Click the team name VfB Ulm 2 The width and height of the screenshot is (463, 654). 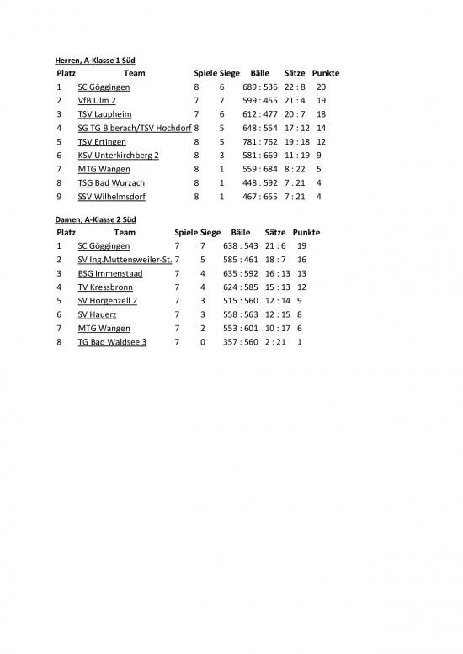tap(97, 100)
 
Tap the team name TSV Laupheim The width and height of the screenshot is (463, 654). tap(105, 114)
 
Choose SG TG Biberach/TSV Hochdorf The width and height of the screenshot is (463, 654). tap(134, 128)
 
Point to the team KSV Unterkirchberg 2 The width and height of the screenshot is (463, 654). tap(118, 156)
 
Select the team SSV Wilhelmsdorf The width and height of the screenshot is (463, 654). tap(112, 197)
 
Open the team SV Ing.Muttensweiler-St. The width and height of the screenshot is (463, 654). tap(125, 260)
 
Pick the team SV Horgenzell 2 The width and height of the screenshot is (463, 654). tap(107, 301)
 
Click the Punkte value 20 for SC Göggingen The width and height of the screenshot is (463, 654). tap(322, 87)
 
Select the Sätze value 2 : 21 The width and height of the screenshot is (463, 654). tap(279, 342)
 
